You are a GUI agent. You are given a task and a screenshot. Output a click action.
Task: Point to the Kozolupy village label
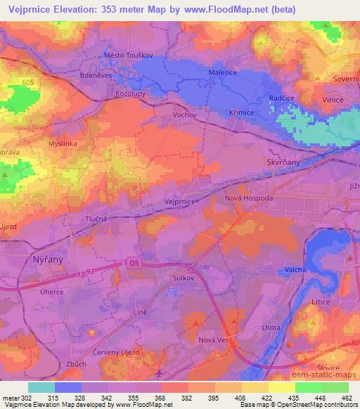pyautogui.click(x=129, y=92)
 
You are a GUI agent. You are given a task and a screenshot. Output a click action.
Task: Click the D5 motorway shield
pyautogui.click(x=135, y=263)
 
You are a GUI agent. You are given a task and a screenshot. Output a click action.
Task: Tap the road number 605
pyautogui.click(x=28, y=82)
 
